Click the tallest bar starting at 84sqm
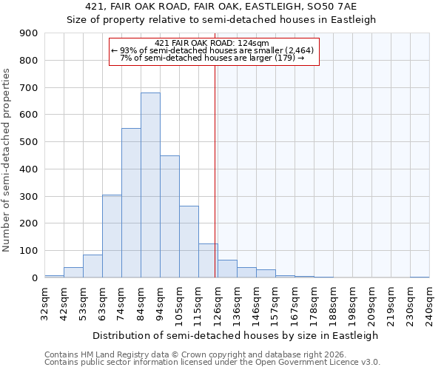[x=150, y=185]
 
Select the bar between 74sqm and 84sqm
[x=131, y=203]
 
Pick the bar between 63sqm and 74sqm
[x=112, y=236]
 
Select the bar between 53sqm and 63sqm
[x=92, y=266]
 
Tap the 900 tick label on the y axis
[x=28, y=33]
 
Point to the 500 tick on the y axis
[x=28, y=142]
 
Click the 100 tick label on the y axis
[x=28, y=251]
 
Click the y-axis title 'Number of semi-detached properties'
[x=7, y=160]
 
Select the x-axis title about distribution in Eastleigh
[x=237, y=335]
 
